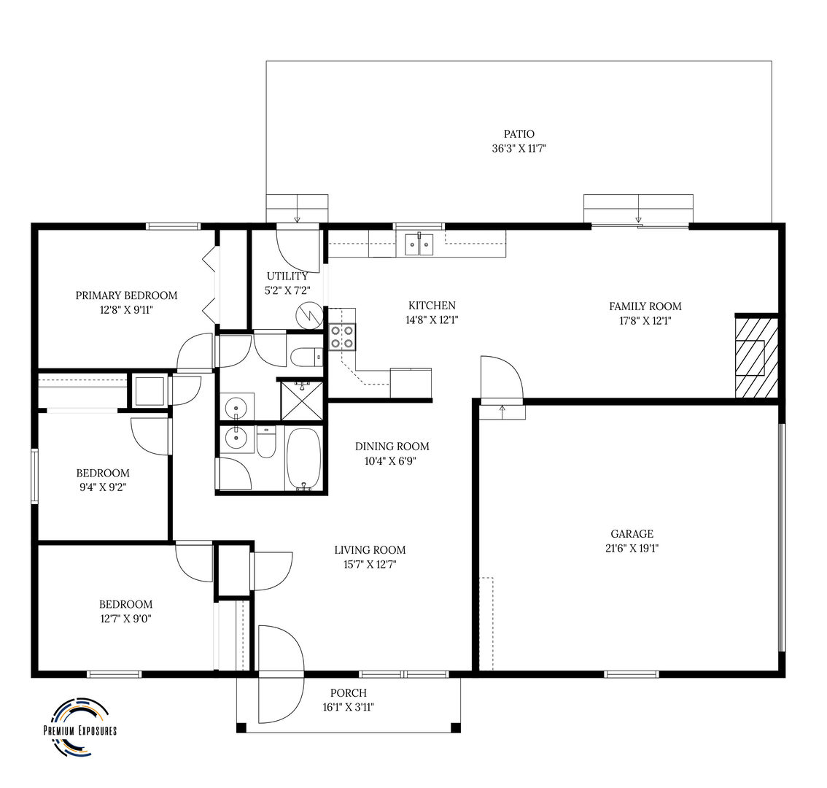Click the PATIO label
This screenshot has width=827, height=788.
[519, 134]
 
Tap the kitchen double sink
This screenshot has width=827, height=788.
[419, 244]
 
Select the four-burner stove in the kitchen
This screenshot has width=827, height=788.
[342, 337]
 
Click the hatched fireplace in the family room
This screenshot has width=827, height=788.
[756, 357]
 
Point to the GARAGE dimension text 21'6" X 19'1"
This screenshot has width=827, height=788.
[632, 548]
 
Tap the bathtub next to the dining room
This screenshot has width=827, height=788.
[304, 459]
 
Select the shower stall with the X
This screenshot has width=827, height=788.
[301, 400]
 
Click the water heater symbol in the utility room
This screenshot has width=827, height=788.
[310, 315]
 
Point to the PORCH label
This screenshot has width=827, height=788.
[348, 693]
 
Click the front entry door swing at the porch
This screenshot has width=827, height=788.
[281, 674]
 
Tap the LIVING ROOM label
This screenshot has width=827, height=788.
[370, 550]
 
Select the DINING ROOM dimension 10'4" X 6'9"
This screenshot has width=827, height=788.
[390, 461]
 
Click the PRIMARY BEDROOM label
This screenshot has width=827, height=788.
[126, 295]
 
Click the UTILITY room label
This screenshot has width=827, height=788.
[287, 276]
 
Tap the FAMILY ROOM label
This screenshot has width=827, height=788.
[645, 306]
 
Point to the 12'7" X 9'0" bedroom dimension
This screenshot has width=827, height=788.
[125, 619]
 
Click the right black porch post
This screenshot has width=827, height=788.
[455, 727]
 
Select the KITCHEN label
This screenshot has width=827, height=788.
[432, 305]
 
